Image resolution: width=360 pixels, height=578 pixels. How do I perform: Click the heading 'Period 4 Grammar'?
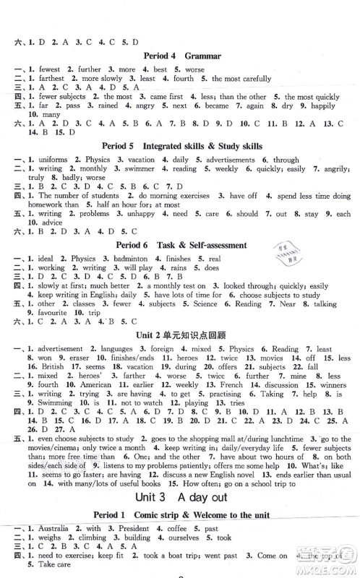(x=180, y=56)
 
